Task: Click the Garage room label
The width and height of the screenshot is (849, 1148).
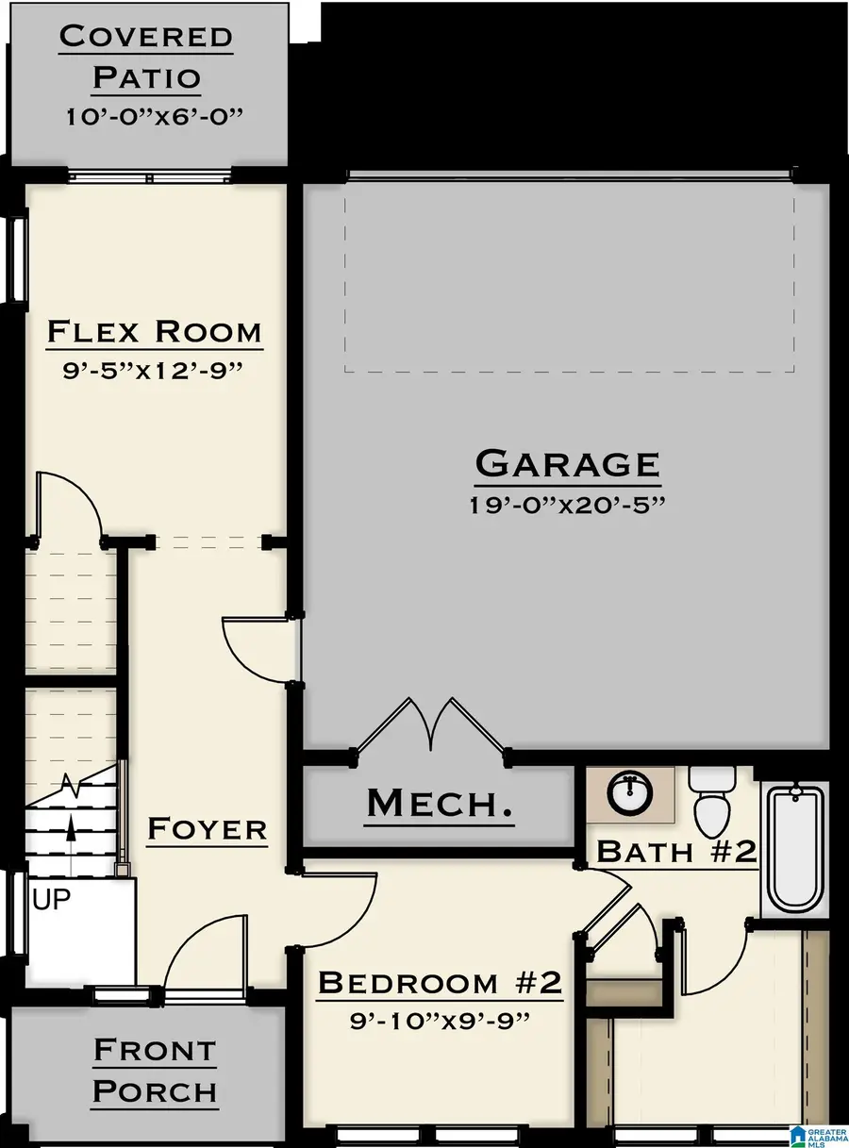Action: (567, 463)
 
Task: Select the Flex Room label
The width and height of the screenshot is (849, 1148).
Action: (154, 332)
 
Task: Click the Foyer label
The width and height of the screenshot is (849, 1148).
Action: (208, 829)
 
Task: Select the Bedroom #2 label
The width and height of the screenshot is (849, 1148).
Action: (440, 983)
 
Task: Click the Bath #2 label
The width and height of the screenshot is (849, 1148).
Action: (677, 851)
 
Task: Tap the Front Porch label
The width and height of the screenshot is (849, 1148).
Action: (155, 1071)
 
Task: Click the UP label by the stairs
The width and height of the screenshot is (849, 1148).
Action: (52, 900)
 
